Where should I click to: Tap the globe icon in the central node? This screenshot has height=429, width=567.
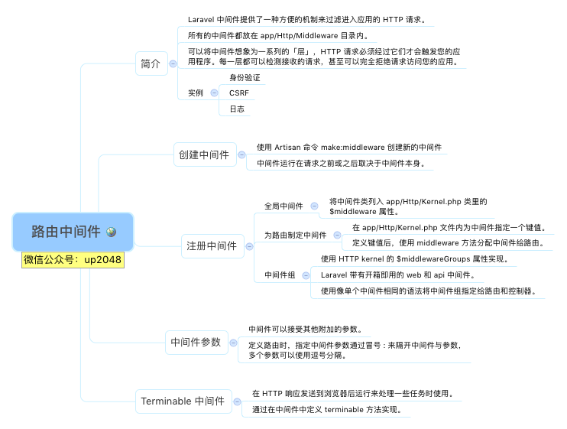112,232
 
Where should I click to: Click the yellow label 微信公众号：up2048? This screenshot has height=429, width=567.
73,259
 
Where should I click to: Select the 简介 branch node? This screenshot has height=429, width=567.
150,64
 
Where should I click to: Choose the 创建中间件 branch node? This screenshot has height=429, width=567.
203,154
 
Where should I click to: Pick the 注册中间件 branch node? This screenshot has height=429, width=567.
212,246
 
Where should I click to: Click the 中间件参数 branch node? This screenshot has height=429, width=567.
196,343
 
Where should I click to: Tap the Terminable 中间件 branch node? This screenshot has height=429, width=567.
183,401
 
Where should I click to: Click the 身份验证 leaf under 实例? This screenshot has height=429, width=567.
245,78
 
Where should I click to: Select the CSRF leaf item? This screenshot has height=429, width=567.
239,93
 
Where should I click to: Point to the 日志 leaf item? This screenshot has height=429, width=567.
237,109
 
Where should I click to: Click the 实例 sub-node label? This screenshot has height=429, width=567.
196,93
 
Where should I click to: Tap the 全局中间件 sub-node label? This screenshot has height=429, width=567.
283,206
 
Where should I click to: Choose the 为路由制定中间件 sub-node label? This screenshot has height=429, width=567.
295,235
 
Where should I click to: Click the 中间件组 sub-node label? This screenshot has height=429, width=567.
280,275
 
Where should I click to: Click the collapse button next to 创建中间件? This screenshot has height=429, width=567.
241,154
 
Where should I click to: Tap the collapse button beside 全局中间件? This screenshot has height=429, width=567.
314,206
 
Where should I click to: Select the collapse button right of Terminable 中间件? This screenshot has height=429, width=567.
237,401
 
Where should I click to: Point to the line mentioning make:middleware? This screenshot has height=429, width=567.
349,147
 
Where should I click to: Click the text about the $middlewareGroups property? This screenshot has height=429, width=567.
415,259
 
